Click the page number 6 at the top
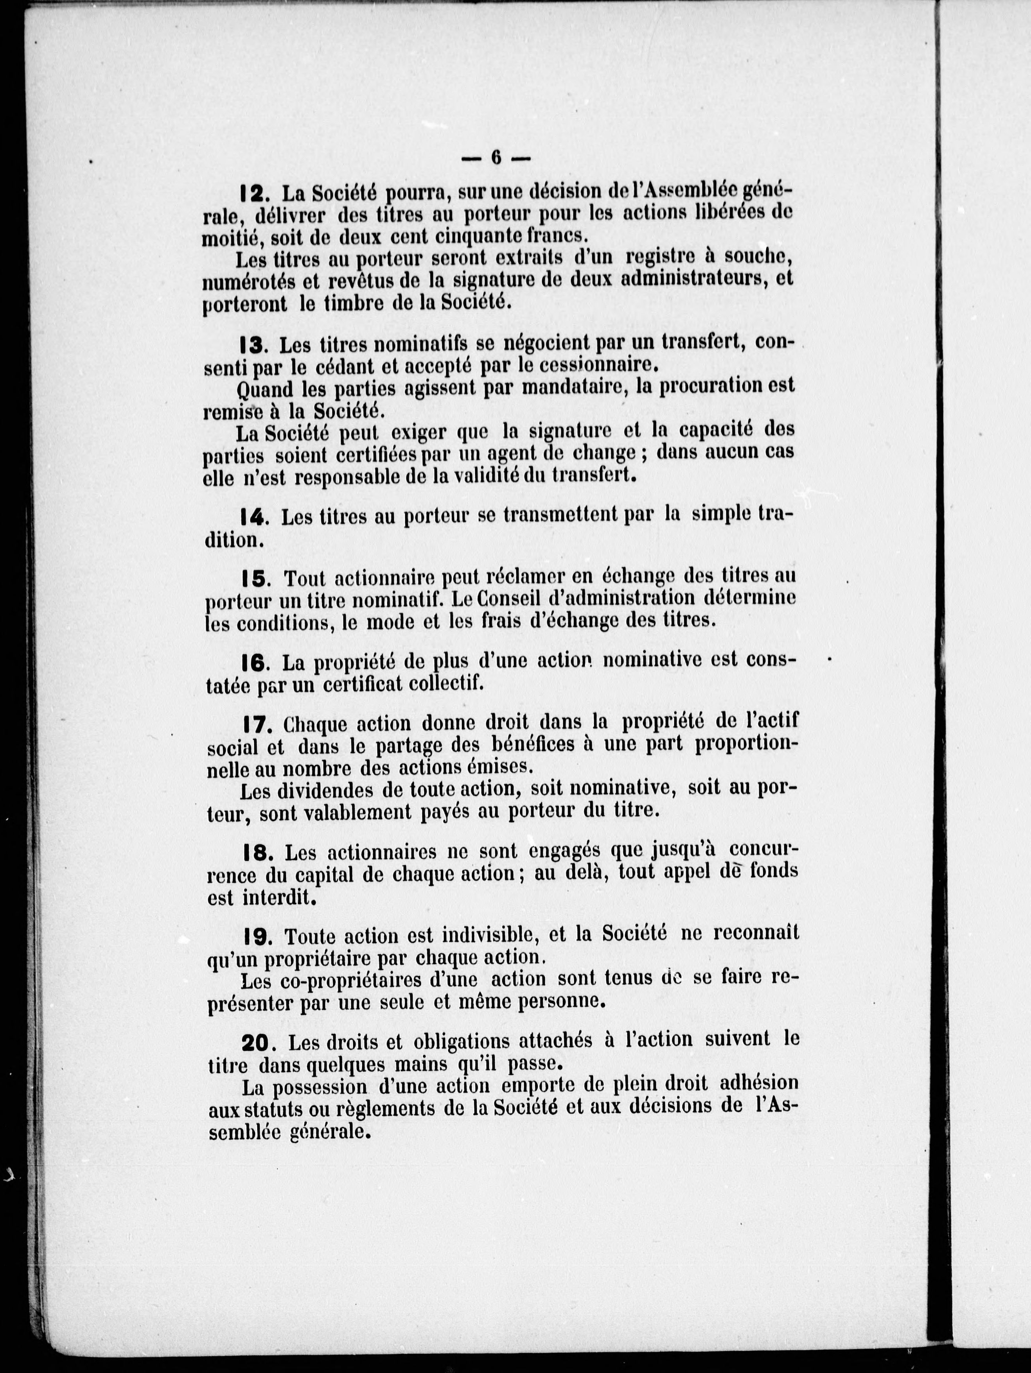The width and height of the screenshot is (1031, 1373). [x=496, y=158]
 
